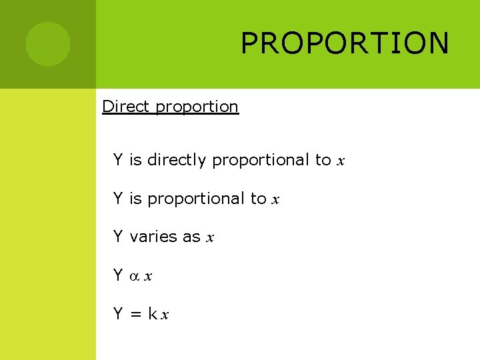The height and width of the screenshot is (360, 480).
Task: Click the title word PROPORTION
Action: pos(345,43)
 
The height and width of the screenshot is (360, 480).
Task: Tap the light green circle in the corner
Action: pos(48,44)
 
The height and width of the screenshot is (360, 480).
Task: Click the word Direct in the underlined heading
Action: pos(126,107)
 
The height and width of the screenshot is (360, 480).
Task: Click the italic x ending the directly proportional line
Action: pos(341,161)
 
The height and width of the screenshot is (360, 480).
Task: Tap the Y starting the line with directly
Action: pos(118,160)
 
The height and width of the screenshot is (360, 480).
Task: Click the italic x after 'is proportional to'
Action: pos(276,200)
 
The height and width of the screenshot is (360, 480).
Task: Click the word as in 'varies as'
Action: pos(191,237)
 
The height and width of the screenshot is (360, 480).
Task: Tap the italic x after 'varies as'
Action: pos(210,238)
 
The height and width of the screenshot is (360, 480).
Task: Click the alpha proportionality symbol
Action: pos(133,276)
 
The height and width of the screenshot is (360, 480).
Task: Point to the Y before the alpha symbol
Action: pos(118,275)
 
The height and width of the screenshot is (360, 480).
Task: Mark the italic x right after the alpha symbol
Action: pos(148,276)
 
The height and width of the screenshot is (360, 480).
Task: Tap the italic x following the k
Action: pos(165,315)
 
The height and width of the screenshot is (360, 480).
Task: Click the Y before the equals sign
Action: pos(118,313)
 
